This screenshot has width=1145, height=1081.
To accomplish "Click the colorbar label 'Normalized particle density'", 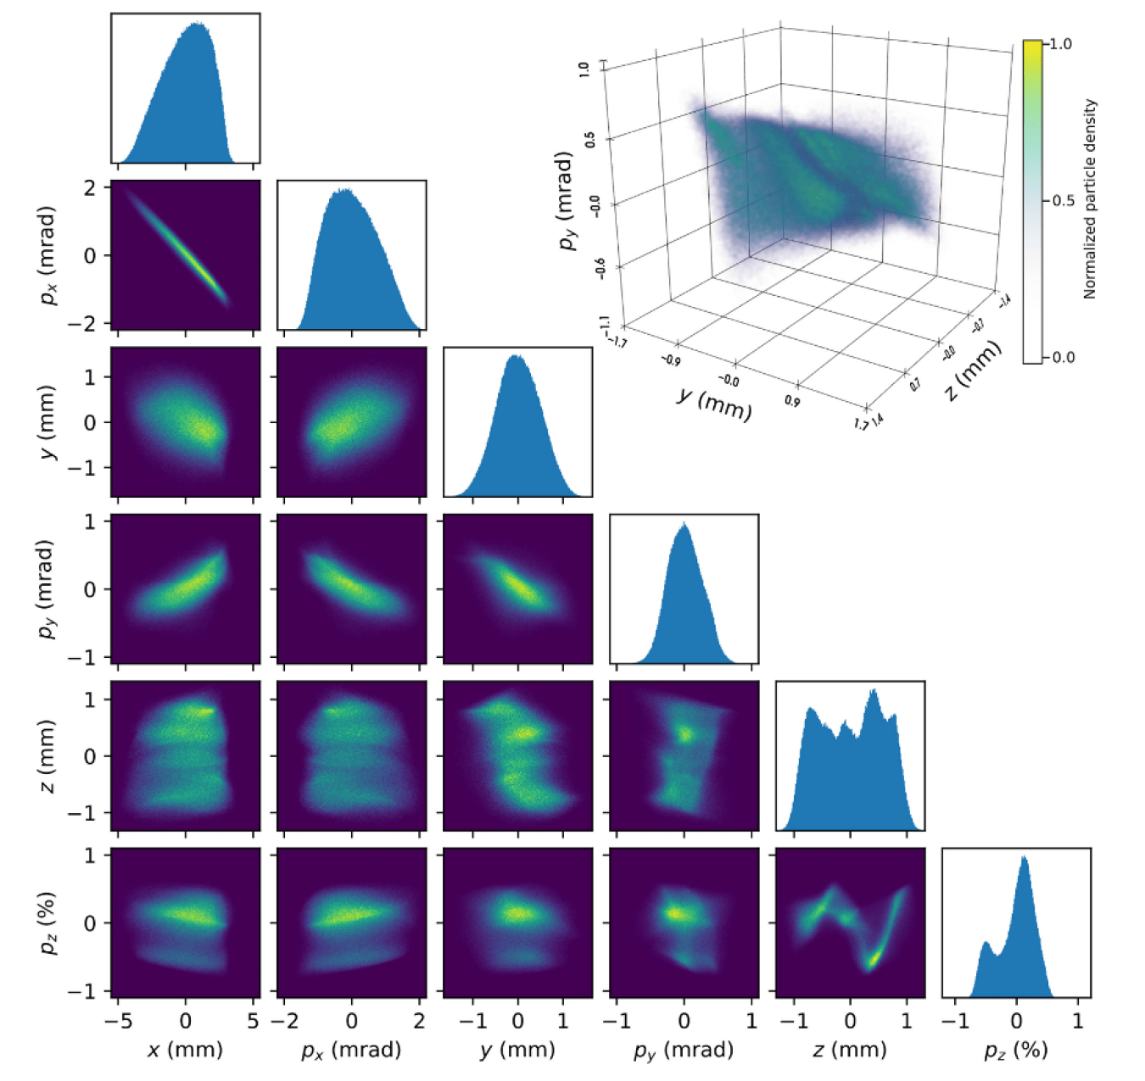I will pos(1090,199).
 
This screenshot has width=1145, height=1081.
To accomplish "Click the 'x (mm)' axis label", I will pos(185,1050).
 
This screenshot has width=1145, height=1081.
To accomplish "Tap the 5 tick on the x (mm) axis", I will pos(253,1021).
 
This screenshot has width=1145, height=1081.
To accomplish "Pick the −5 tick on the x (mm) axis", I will pos(118,1021).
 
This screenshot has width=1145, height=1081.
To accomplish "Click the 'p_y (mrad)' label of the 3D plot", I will pos(567,201).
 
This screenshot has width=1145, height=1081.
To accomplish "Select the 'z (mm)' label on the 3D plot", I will pos(974,371).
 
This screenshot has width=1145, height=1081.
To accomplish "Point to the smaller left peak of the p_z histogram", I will pos(986,943).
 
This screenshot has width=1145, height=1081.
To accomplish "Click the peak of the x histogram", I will pos(196,25).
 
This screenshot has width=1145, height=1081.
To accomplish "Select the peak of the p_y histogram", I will pos(684,525).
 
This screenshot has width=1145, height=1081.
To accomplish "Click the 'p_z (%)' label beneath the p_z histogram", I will pos(1016,1050).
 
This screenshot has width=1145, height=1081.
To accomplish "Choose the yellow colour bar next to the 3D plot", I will pos(1032,201).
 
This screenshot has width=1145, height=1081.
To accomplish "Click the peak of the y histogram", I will pos(516,357).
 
